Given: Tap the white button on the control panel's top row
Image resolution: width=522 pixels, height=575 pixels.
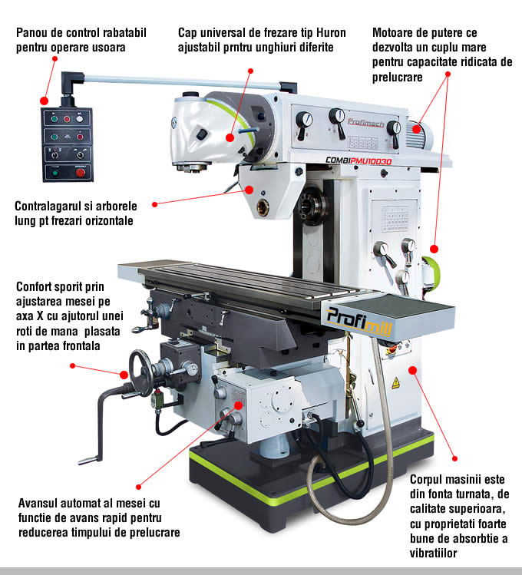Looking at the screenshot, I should tap(80, 119).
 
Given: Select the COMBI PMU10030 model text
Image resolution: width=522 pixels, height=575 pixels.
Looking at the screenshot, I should tap(358, 162).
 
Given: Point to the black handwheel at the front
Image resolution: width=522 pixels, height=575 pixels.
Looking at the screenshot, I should tap(140, 373).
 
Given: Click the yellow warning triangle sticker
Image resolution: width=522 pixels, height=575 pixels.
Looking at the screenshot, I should tap(395, 382).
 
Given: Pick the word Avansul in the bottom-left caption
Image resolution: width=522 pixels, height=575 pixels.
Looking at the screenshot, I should tap(38, 504).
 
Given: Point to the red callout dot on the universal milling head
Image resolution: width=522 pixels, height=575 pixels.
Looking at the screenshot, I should tap(228, 137).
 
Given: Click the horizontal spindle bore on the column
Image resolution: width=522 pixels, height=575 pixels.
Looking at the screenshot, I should tap(263, 206).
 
